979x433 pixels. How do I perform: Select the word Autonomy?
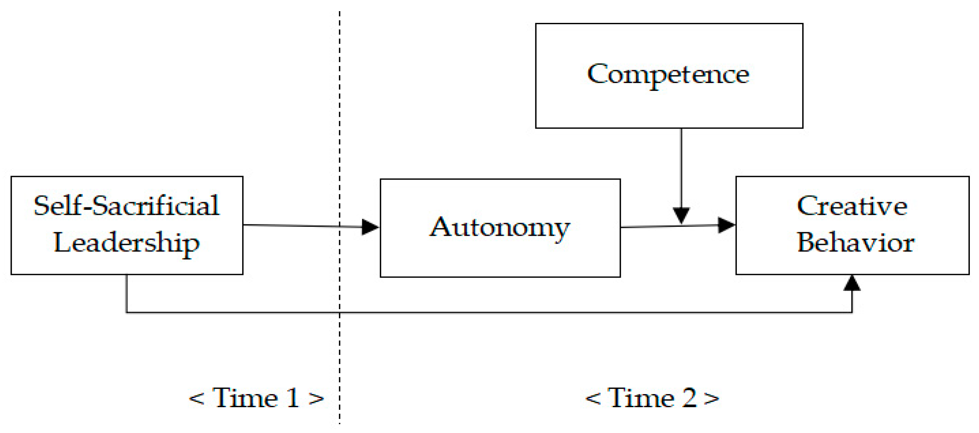(x=499, y=228)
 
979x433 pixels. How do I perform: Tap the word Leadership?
(x=126, y=242)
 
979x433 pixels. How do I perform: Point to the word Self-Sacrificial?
(x=126, y=205)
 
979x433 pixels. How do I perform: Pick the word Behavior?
(x=855, y=242)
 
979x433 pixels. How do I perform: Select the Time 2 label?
(x=652, y=398)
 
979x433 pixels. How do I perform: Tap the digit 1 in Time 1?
(x=293, y=398)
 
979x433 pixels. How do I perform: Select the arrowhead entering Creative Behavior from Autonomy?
(x=726, y=225)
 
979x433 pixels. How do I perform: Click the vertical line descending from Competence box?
(x=681, y=167)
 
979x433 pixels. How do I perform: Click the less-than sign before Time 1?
(x=197, y=399)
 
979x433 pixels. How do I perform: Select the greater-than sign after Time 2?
(x=711, y=399)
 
